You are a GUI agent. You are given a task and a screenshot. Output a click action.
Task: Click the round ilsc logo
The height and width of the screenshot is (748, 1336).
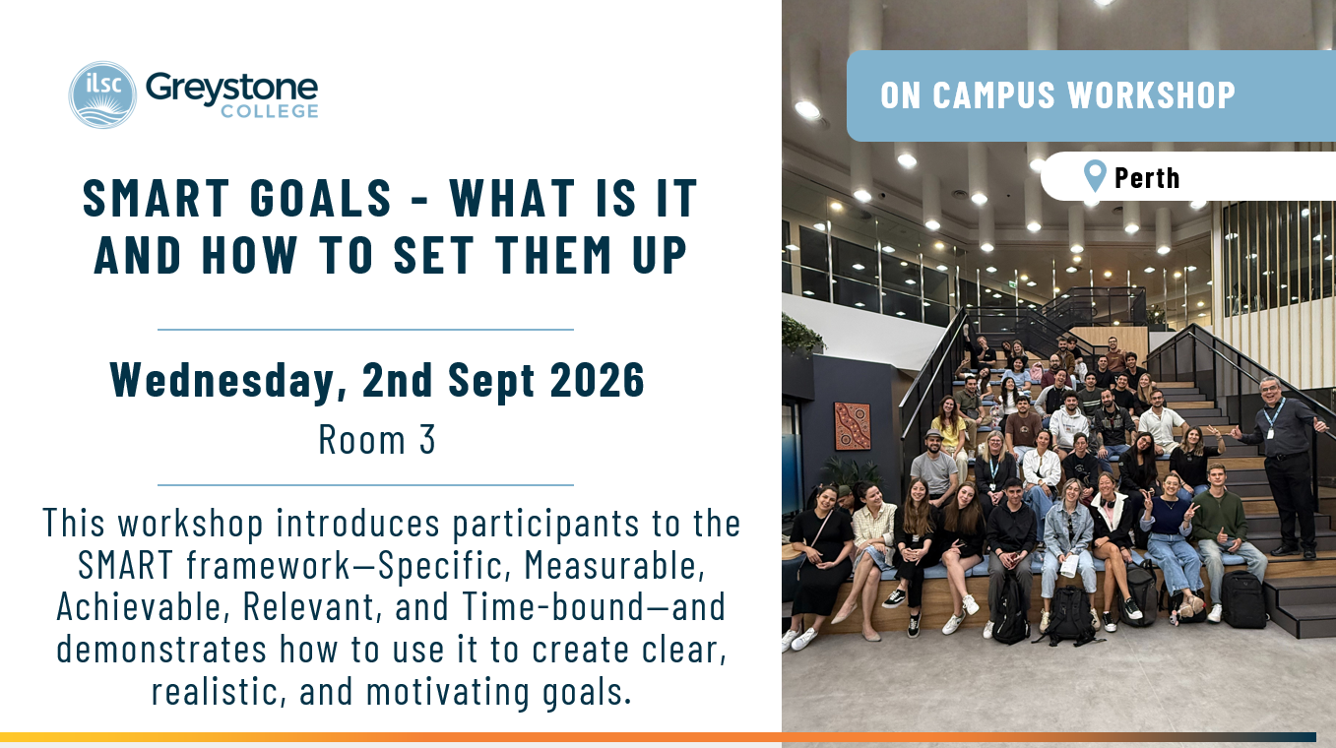click(102, 94)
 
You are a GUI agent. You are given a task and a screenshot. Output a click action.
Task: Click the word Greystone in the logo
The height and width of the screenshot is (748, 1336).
click(232, 90)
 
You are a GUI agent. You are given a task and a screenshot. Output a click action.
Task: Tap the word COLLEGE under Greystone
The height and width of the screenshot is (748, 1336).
click(270, 111)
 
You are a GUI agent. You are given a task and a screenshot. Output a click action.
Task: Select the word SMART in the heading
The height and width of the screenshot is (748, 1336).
click(157, 198)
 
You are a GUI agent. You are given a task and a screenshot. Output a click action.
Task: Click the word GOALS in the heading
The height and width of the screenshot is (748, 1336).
click(320, 198)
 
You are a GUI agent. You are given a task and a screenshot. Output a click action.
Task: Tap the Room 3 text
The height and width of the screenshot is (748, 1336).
click(377, 440)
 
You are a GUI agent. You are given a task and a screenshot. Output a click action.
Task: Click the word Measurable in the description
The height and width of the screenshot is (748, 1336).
click(614, 565)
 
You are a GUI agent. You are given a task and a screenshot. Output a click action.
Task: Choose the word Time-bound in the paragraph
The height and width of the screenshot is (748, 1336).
click(553, 606)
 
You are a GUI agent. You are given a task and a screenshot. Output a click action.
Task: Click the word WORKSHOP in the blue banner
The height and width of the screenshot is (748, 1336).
click(1151, 95)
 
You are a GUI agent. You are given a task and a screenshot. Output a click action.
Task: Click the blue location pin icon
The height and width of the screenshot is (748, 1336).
click(1095, 176)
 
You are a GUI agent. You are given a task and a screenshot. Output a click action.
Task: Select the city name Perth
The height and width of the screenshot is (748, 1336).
click(1147, 177)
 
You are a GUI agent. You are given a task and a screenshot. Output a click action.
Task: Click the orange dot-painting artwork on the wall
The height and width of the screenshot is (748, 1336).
click(853, 425)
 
